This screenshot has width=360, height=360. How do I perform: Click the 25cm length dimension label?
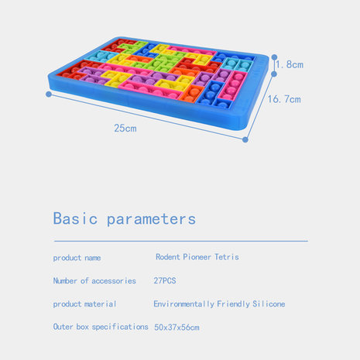point(125,129)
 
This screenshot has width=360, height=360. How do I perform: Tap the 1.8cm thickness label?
point(290,64)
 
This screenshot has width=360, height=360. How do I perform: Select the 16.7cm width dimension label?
point(284,99)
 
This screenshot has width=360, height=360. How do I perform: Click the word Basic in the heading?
point(75,218)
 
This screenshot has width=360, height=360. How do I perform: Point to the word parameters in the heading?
point(151,220)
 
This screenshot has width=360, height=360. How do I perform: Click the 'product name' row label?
point(77,258)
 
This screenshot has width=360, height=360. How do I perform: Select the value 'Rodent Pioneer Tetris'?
point(197,257)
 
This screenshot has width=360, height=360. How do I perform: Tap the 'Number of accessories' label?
point(94,281)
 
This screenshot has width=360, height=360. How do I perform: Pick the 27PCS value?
point(165,280)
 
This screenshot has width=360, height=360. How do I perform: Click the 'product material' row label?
point(84,304)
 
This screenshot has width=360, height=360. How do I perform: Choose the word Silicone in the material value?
point(269,303)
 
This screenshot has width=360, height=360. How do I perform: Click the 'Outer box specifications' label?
point(101,327)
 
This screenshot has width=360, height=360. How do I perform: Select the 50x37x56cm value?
point(177,327)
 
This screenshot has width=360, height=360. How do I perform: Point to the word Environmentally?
point(184,304)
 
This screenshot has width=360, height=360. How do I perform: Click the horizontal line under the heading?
point(181,241)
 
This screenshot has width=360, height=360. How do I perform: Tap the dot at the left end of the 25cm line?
point(49,94)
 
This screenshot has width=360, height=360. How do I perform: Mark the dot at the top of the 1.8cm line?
point(274,57)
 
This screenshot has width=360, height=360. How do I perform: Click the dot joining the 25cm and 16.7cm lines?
point(245,139)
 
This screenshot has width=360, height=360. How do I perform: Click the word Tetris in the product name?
point(227,257)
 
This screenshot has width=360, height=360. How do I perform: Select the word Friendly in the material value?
point(233,304)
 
